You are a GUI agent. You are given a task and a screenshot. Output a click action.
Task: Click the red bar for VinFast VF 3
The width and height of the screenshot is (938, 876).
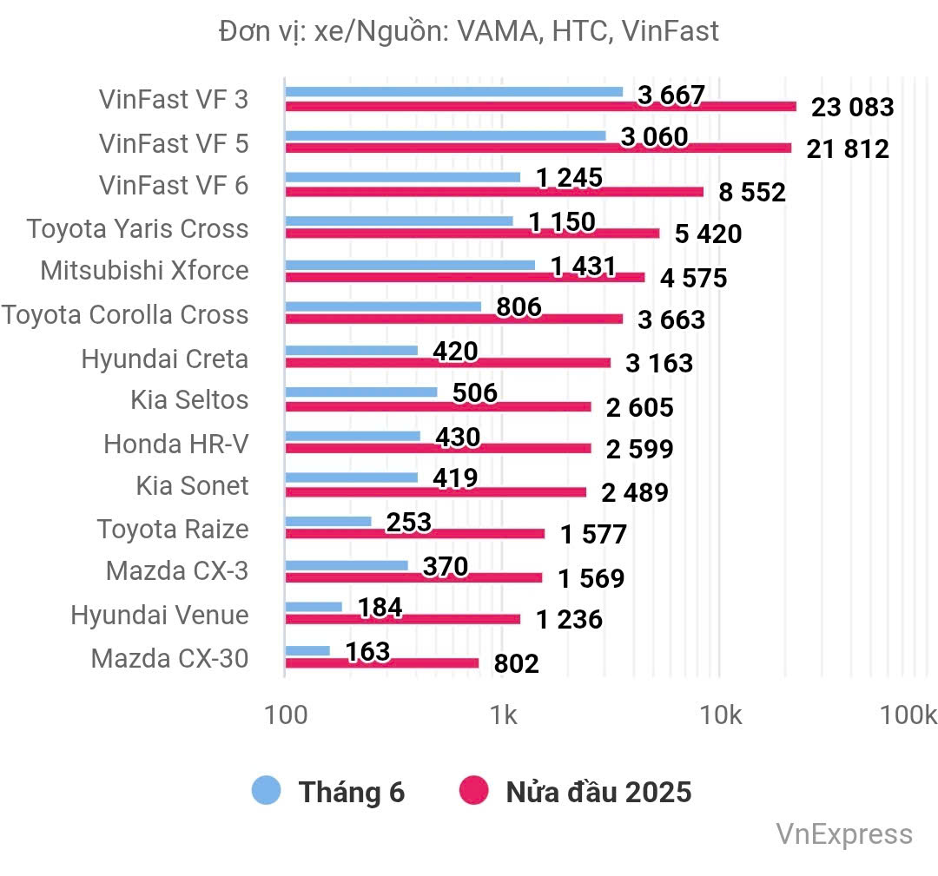click(x=540, y=107)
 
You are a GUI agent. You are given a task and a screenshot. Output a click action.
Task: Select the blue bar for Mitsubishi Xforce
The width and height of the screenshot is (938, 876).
click(x=410, y=264)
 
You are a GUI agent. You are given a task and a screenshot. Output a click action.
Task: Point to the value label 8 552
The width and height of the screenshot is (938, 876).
click(x=752, y=192)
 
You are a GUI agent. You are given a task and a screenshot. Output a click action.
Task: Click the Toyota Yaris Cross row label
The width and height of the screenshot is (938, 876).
click(x=137, y=229)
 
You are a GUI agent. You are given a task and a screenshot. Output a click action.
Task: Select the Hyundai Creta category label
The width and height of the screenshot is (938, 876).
click(x=165, y=359)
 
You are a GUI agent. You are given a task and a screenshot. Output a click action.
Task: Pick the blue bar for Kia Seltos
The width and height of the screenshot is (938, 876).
click(x=361, y=392)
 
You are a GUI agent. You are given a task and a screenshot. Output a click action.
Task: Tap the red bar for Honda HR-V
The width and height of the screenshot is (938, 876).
click(x=438, y=449)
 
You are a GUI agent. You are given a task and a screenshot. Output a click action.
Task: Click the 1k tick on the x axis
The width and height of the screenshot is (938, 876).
click(x=502, y=715)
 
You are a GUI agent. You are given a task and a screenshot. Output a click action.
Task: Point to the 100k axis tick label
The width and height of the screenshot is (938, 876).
click(x=908, y=715)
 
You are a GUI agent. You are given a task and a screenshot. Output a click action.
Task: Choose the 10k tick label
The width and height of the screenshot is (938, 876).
click(x=720, y=715)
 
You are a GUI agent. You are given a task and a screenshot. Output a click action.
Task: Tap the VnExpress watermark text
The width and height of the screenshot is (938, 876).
click(x=844, y=835)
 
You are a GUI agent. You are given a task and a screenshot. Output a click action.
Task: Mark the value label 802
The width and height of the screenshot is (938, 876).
click(x=516, y=664)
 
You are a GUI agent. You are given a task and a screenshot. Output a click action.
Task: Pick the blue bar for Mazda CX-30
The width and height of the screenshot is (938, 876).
click(x=307, y=650)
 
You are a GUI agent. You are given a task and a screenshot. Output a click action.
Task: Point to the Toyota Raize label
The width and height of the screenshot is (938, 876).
click(x=173, y=529)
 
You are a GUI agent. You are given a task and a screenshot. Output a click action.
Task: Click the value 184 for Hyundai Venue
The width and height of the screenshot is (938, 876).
click(x=380, y=608)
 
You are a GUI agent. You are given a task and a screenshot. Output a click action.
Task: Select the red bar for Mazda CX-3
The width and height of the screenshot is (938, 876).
click(x=413, y=577)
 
